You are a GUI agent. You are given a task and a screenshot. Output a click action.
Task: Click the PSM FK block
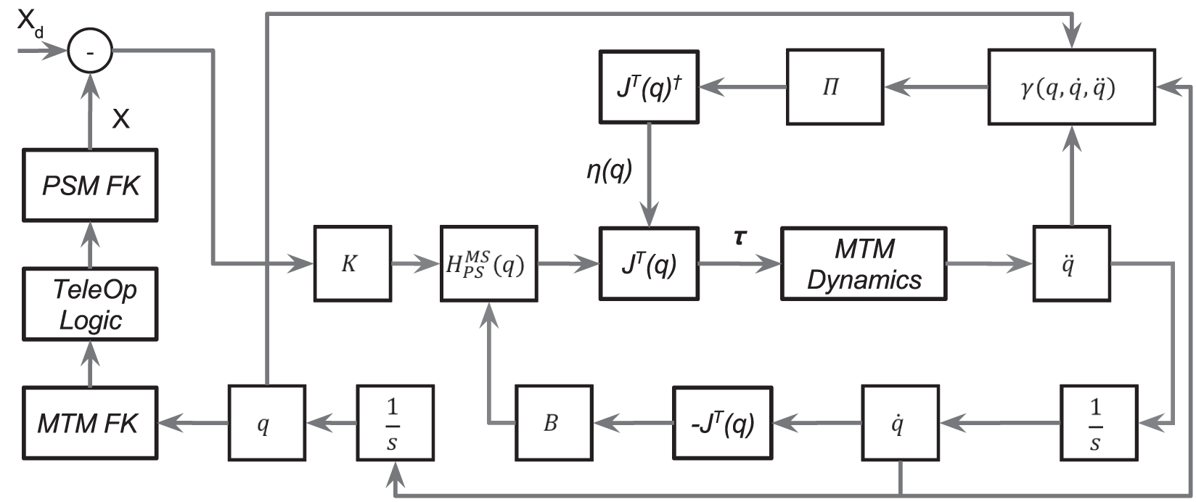90,185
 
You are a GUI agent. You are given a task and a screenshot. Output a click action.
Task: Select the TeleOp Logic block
90,305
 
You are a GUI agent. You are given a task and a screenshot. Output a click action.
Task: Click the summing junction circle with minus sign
90,51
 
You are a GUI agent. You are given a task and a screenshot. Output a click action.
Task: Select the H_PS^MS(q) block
488,263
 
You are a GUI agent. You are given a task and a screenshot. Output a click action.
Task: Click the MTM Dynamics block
863,263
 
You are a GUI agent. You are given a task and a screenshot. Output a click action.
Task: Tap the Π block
834,87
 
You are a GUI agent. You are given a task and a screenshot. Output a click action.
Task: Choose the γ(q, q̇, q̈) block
1071,87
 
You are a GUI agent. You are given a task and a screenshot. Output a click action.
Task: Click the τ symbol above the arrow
740,236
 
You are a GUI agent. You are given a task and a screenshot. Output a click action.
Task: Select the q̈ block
1071,263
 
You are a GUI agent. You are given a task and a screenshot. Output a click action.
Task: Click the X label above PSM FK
120,118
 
